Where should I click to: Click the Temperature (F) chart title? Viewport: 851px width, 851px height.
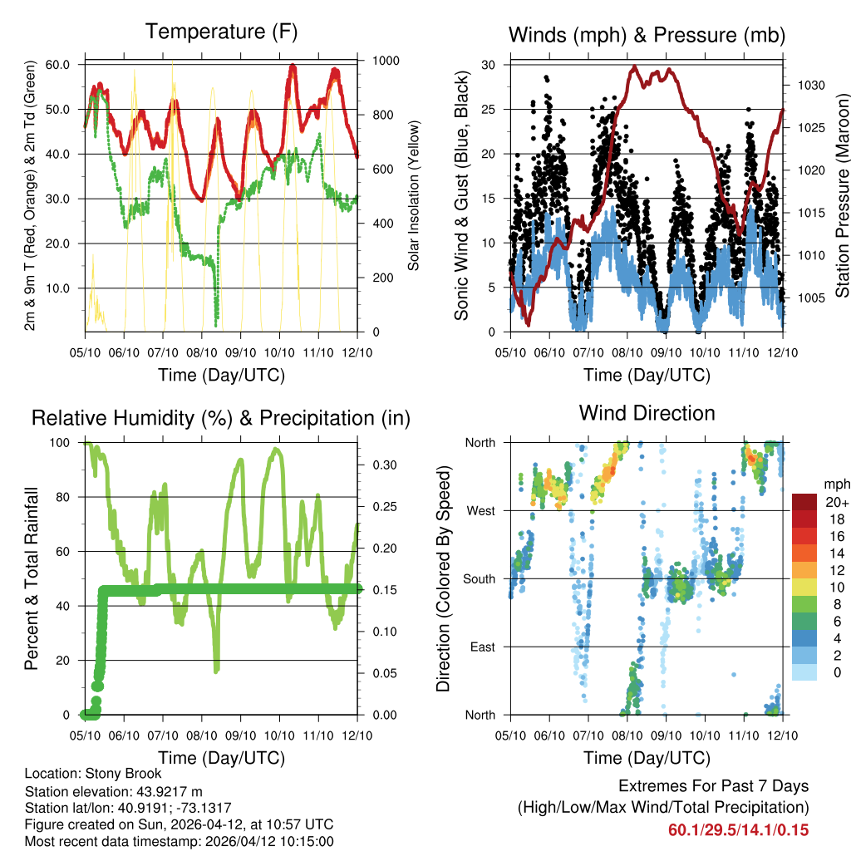click(221, 32)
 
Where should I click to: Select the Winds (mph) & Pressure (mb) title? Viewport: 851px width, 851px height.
click(647, 35)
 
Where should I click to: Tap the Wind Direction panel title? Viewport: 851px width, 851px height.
click(647, 413)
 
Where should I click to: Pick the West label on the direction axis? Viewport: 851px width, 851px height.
click(480, 510)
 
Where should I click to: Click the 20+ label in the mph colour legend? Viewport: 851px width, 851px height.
click(836, 502)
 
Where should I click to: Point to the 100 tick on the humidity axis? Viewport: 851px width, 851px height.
click(67, 442)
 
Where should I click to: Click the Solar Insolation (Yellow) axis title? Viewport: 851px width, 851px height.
click(413, 196)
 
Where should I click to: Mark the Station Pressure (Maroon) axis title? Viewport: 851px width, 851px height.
click(841, 196)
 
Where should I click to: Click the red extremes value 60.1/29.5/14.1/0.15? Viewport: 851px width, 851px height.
click(738, 830)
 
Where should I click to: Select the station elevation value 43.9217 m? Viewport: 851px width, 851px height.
click(161, 791)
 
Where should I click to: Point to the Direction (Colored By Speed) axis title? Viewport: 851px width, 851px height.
click(443, 578)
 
